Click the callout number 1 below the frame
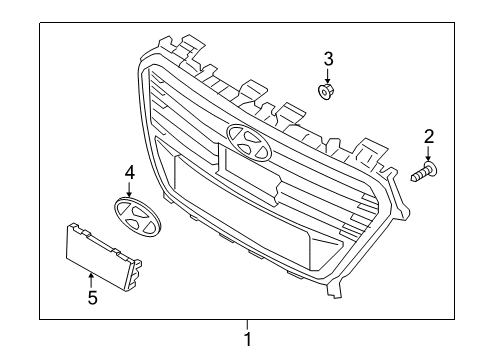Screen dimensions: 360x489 (247, 339)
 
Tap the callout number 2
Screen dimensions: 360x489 (429, 136)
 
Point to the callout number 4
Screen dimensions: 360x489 (129, 174)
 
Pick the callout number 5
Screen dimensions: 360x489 (92, 296)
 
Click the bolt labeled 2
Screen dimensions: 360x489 (424, 174)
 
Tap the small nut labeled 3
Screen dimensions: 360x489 (326, 92)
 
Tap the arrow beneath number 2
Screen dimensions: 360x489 (429, 154)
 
